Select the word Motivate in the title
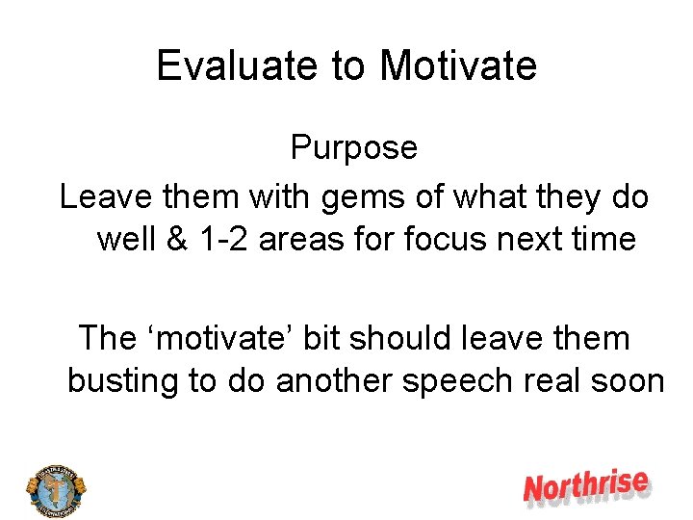(458, 65)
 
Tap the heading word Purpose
(353, 147)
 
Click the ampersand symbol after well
(177, 238)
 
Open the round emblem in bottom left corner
(55, 487)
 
